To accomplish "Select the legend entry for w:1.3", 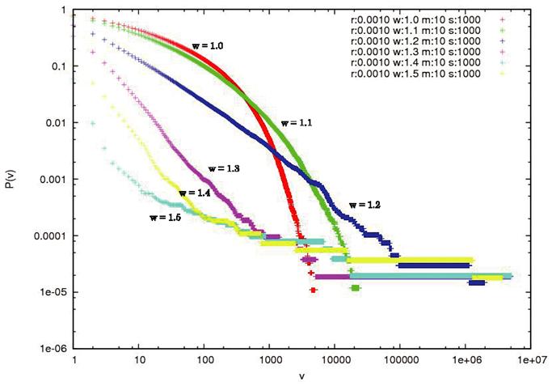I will pyautogui.click(x=416, y=54).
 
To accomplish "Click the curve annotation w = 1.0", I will pyautogui.click(x=205, y=46).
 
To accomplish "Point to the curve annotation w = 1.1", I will pyautogui.click(x=297, y=123).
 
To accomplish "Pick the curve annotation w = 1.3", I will pyautogui.click(x=224, y=168).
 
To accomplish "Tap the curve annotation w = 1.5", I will pyautogui.click(x=165, y=217).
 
